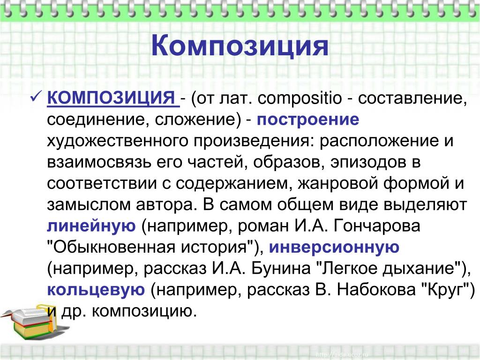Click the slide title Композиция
click(240, 46)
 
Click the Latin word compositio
click(300, 98)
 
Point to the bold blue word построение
click(307, 120)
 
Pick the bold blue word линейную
click(91, 226)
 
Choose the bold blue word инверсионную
click(334, 247)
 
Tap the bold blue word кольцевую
click(96, 290)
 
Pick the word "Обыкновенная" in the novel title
click(112, 247)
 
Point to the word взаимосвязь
click(99, 162)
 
